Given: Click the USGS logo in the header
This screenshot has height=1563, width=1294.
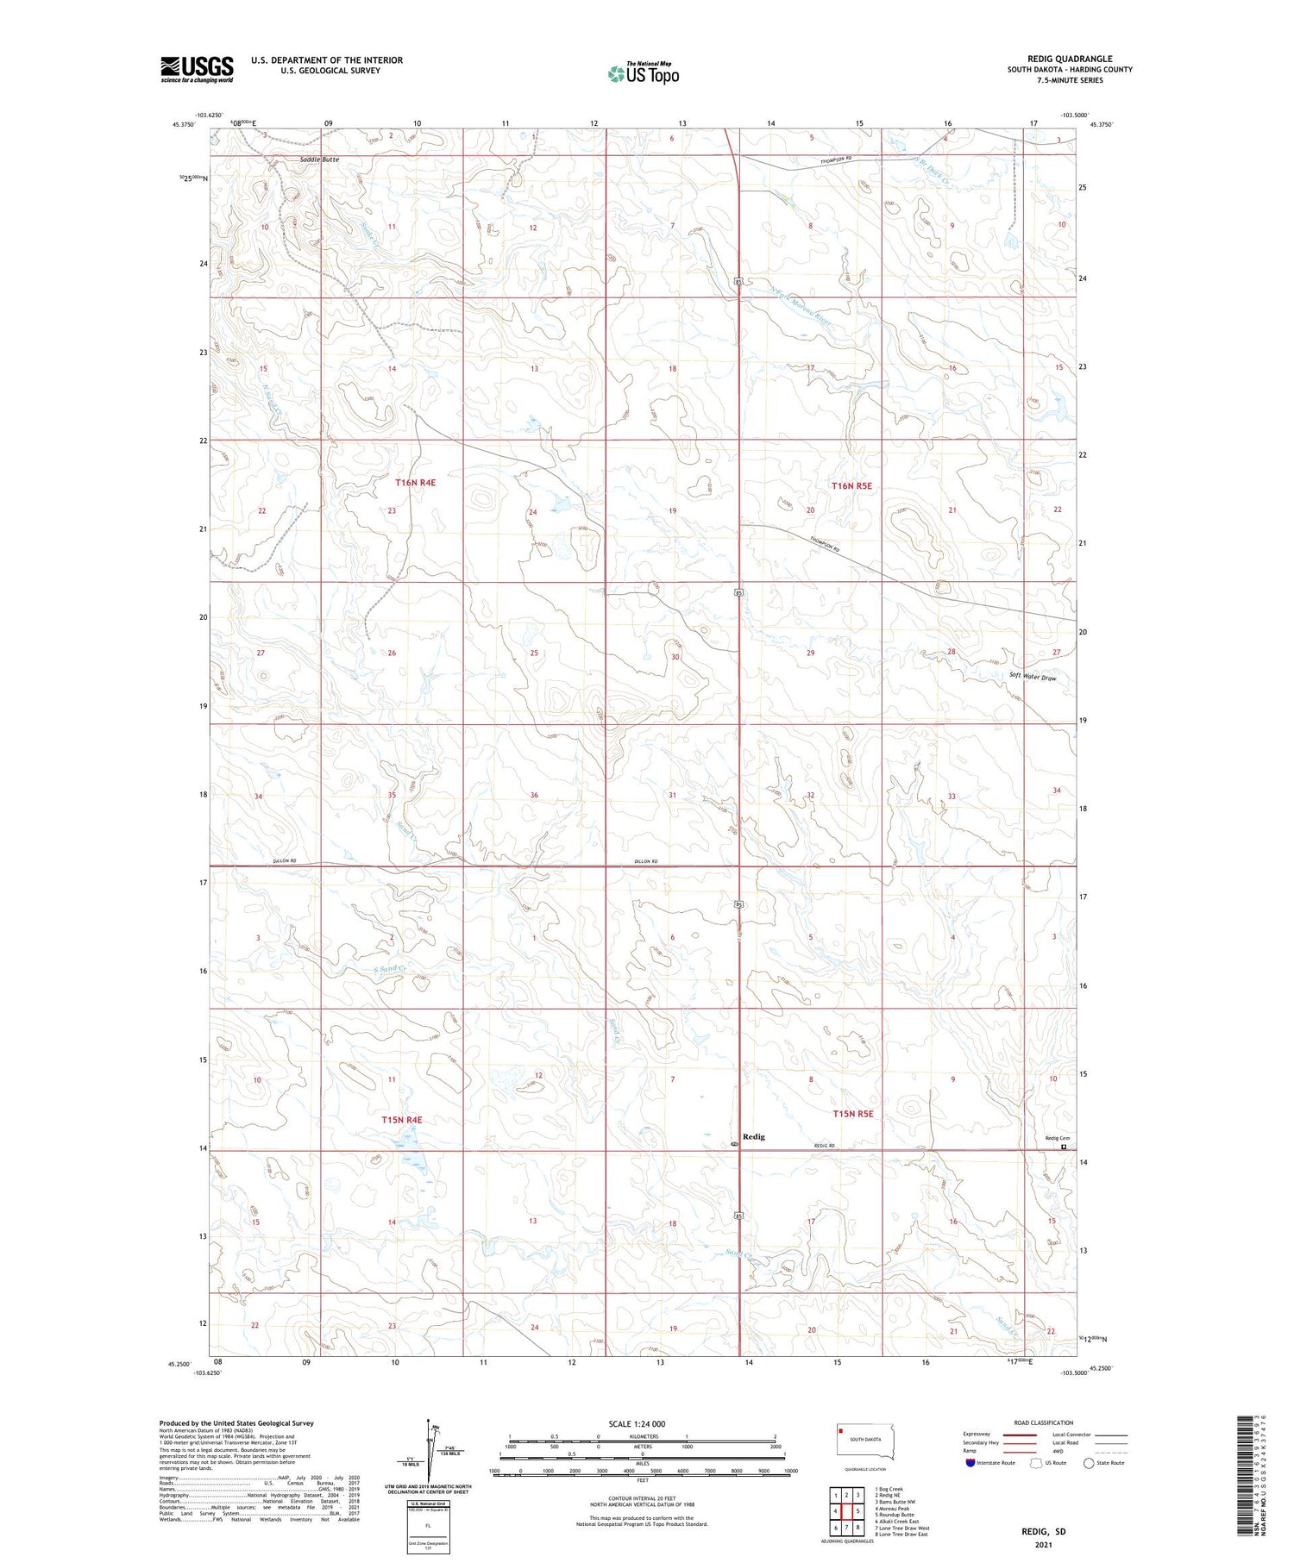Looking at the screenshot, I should (197, 69).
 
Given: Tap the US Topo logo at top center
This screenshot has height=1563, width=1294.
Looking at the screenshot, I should (643, 73).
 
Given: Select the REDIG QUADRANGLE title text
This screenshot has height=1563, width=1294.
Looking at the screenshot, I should (1070, 59).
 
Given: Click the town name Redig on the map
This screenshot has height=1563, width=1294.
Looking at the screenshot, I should (754, 1136).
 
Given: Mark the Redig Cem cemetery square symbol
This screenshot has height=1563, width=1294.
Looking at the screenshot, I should (1064, 1147).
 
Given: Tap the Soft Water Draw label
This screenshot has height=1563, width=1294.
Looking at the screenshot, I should (1033, 678).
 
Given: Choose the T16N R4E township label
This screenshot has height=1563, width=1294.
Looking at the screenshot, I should (415, 483).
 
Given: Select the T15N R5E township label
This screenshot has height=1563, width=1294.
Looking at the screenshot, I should (853, 1114).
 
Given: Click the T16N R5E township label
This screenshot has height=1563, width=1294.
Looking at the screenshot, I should (851, 486).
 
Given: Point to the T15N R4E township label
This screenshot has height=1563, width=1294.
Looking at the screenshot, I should (402, 1120).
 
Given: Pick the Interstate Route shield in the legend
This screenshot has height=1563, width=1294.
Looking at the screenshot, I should (970, 1462).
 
